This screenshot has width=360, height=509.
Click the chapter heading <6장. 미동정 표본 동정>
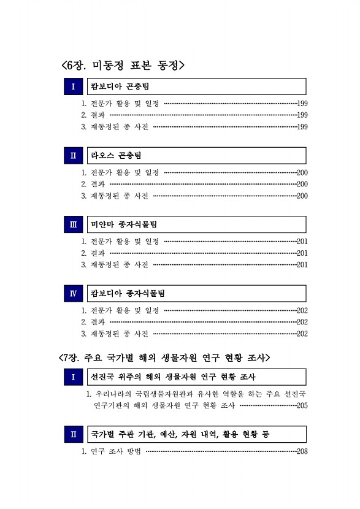(x=123, y=64)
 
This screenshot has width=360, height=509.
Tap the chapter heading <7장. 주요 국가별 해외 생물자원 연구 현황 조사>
(x=164, y=357)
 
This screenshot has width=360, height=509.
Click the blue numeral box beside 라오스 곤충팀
(x=73, y=156)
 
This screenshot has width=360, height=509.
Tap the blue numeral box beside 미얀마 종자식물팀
(x=73, y=224)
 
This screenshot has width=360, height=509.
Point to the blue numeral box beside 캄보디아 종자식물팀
(x=73, y=294)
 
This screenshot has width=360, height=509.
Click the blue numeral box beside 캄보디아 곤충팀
(x=73, y=86)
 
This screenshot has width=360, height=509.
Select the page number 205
(x=301, y=406)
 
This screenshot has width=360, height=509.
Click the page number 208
(x=301, y=452)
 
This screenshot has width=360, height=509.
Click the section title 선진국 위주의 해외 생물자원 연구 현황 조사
(x=174, y=377)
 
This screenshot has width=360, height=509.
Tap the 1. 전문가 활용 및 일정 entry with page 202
(x=120, y=311)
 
